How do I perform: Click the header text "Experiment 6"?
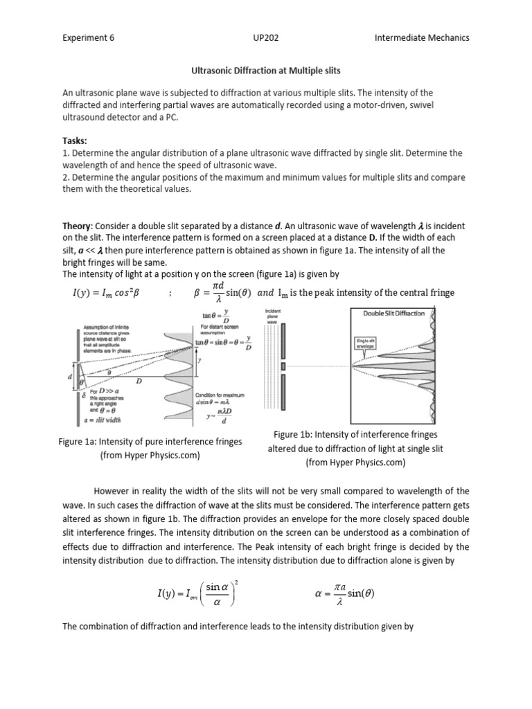88,37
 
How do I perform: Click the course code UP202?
266,37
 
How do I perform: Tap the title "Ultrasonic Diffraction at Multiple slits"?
265,70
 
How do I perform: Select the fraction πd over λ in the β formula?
218,292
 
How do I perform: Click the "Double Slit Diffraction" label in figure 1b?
394,313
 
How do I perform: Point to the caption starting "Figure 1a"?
130,448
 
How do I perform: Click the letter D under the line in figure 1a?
139,381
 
